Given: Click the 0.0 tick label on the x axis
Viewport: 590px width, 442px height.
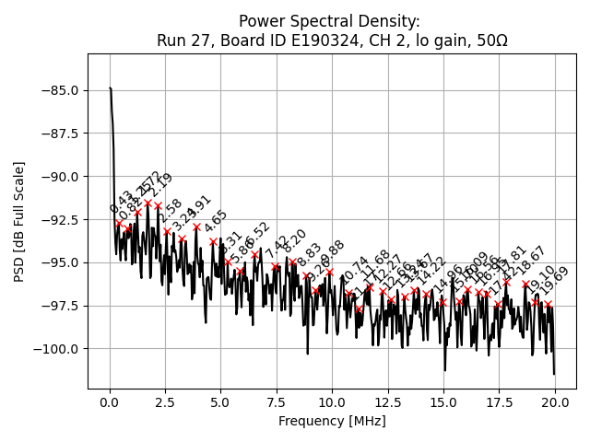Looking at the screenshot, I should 110,402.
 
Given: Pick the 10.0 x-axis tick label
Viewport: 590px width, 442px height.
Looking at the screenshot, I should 332,402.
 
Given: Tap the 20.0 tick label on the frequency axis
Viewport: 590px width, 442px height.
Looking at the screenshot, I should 554,402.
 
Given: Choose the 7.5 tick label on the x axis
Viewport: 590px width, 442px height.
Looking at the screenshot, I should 277,402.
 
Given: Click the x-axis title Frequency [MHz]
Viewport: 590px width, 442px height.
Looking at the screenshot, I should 332,421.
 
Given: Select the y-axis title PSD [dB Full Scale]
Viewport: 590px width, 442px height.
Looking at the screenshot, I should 18,221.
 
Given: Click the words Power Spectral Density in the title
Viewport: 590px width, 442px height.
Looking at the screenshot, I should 329,21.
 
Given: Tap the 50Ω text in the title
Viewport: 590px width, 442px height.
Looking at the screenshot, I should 489,41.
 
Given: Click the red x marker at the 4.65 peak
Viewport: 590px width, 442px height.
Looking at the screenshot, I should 213,241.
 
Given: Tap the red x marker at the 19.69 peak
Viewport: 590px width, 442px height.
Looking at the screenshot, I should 548,304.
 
